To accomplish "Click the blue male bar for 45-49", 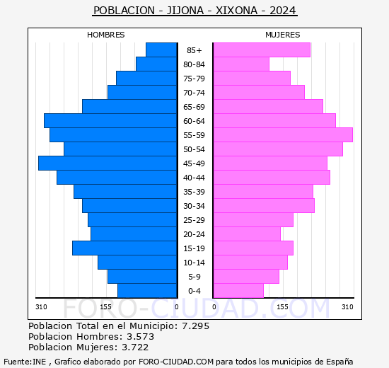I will click(108, 163).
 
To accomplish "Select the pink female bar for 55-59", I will click(282, 134).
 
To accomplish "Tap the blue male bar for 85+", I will click(161, 50).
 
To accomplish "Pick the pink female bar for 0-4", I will click(238, 290).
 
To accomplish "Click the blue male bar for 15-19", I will click(124, 248).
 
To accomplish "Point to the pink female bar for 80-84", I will click(240, 64).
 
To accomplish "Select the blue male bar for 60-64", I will click(110, 120).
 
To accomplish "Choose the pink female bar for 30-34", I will click(263, 205).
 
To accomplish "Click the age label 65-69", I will click(194, 107).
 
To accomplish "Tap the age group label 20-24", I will click(194, 234).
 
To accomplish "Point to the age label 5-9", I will click(194, 277).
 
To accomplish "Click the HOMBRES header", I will click(105, 35).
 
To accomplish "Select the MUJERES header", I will click(282, 35).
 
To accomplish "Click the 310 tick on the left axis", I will click(41, 306).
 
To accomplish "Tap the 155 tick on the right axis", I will click(282, 306).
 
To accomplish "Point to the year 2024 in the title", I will click(281, 11).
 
